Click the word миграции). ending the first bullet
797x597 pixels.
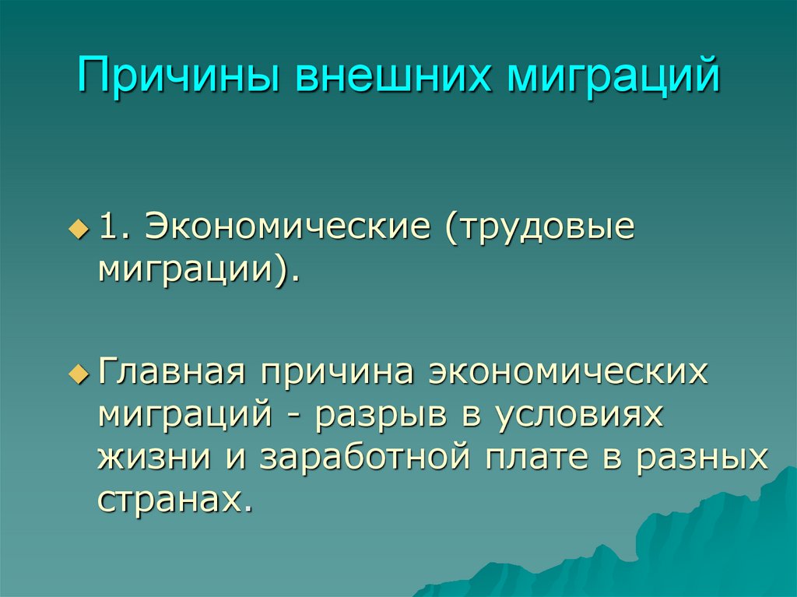tap(199, 272)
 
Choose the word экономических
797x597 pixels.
tap(568, 372)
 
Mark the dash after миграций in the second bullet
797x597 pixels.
tap(300, 416)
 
